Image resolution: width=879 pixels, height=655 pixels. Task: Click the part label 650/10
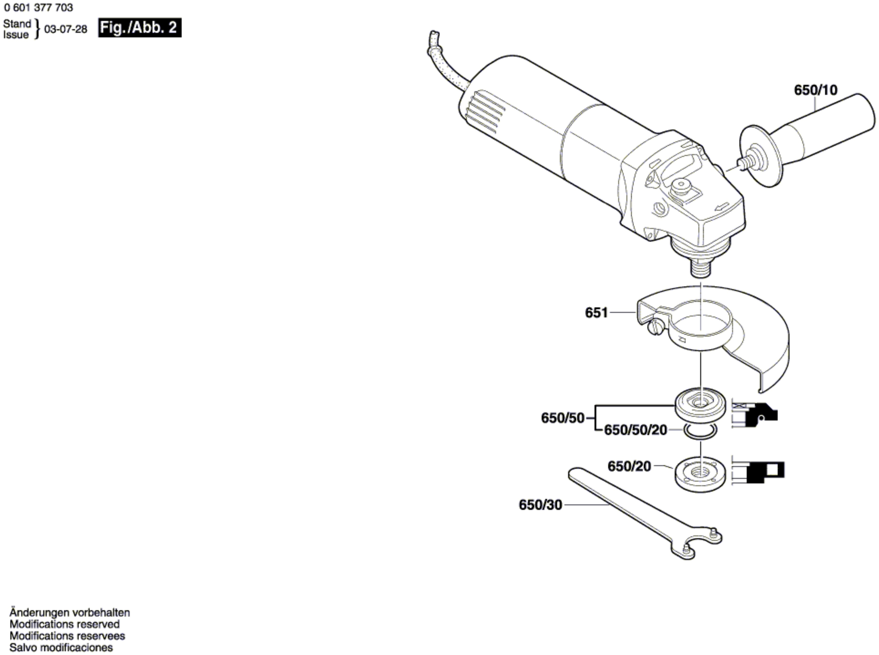click(816, 90)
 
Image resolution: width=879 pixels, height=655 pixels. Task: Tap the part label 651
click(596, 313)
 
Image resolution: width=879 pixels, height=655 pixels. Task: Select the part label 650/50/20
click(636, 430)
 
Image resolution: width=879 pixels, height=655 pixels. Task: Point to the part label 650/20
click(629, 466)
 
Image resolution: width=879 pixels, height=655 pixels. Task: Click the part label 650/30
click(541, 505)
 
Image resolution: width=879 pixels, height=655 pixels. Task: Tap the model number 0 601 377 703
click(39, 8)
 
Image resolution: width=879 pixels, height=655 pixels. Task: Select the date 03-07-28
click(66, 29)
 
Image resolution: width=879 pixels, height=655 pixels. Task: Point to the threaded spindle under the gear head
click(701, 269)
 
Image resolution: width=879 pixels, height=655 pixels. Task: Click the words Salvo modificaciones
click(61, 647)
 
